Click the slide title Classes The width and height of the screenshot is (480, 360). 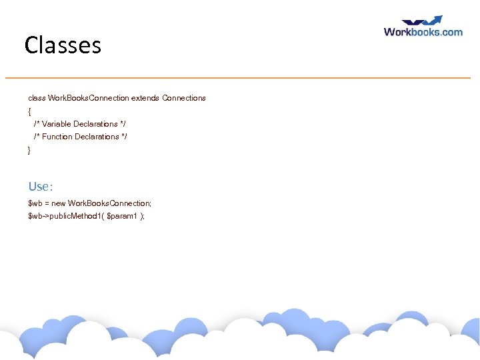click(x=63, y=45)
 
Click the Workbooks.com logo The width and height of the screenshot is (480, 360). click(x=423, y=31)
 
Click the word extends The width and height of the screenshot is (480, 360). click(x=145, y=98)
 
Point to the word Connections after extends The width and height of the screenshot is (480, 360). click(x=184, y=98)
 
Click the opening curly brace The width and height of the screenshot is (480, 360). click(x=29, y=111)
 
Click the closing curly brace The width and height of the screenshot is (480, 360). click(x=29, y=150)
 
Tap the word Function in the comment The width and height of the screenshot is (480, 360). click(x=57, y=137)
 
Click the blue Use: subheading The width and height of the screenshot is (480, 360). click(x=40, y=187)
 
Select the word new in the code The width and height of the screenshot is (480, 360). click(x=58, y=203)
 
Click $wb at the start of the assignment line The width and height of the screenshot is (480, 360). click(x=35, y=203)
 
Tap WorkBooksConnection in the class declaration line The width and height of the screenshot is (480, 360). click(x=88, y=98)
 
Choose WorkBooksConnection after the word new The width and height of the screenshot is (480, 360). click(x=109, y=203)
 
